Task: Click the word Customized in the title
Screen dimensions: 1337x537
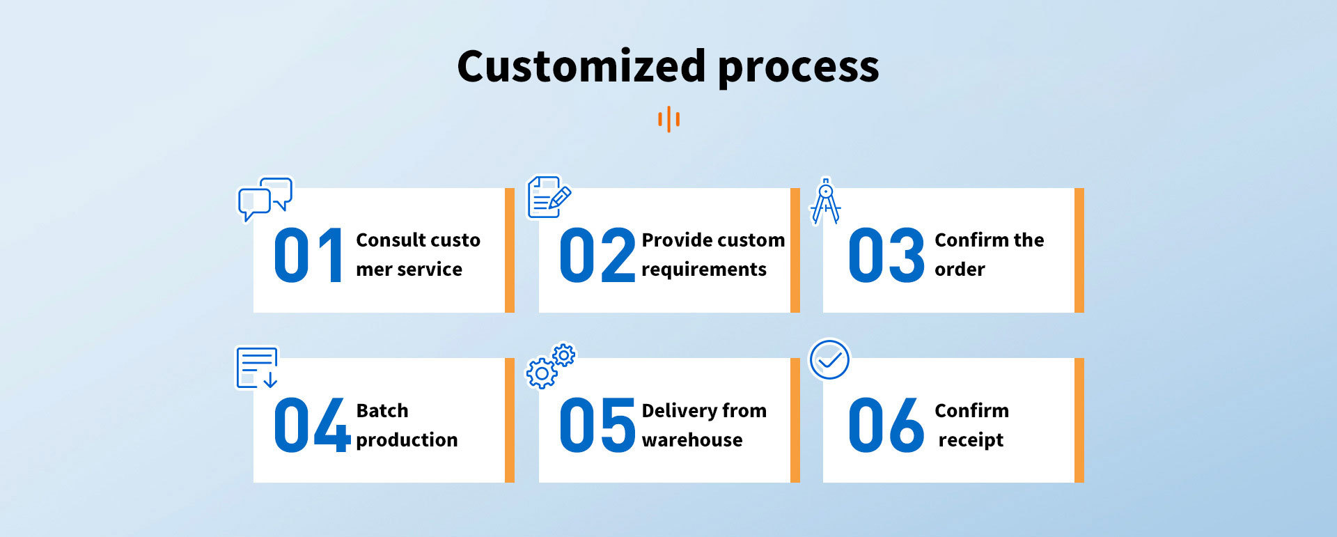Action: click(x=581, y=67)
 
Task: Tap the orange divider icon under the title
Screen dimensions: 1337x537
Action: click(x=668, y=119)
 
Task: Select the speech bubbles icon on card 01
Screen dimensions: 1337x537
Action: click(x=265, y=199)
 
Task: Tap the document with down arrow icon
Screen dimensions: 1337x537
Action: click(x=257, y=367)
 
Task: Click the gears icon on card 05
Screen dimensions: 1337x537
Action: click(x=550, y=366)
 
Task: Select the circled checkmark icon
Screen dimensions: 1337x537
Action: click(x=829, y=359)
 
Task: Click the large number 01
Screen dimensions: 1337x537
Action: click(x=308, y=256)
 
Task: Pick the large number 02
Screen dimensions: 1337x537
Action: click(x=597, y=256)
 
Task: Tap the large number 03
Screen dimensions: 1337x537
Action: click(x=886, y=256)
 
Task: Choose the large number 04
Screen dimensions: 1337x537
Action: click(x=311, y=425)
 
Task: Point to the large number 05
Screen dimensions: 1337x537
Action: click(x=597, y=425)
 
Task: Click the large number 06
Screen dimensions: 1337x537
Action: click(x=886, y=425)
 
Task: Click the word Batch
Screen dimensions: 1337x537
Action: click(x=382, y=410)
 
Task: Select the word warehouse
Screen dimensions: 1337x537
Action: click(x=692, y=439)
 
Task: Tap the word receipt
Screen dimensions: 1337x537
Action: click(x=971, y=440)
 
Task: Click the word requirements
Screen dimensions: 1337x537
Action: click(x=703, y=270)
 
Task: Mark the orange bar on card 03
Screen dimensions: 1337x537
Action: click(x=1079, y=250)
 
